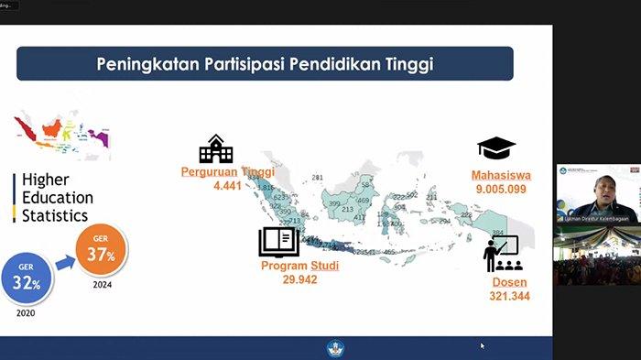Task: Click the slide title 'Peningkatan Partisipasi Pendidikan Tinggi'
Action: click(266, 64)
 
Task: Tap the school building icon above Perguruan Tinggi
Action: click(216, 148)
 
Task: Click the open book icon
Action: click(279, 242)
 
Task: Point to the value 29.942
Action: click(299, 278)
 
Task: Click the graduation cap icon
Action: click(496, 148)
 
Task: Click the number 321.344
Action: click(509, 296)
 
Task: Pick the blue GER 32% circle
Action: click(27, 273)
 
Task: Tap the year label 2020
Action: click(27, 311)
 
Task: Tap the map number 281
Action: click(318, 177)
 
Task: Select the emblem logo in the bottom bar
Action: click(335, 348)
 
